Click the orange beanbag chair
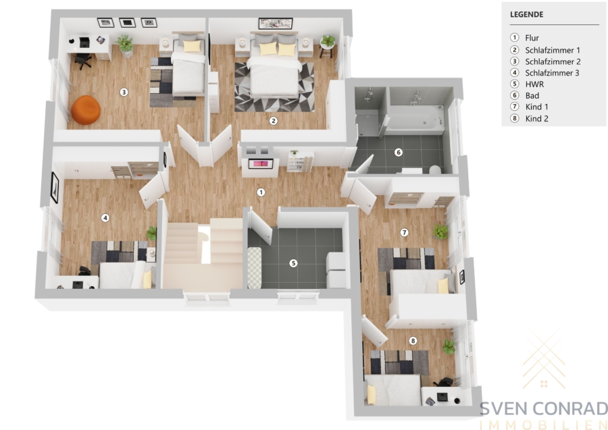[x=86, y=110]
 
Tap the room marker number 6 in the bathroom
[x=398, y=153]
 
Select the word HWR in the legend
[x=535, y=84]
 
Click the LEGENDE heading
[x=526, y=14]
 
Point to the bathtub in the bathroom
[x=415, y=118]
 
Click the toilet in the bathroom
[x=435, y=169]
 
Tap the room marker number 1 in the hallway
[x=261, y=192]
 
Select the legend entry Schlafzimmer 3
[x=552, y=73]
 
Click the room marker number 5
[x=294, y=263]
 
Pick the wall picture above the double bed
[x=276, y=24]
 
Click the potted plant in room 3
[x=125, y=45]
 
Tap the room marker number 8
[x=413, y=341]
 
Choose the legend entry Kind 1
[x=536, y=107]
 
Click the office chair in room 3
[x=82, y=60]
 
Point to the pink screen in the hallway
[x=258, y=164]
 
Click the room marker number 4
[x=105, y=218]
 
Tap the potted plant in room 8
[x=449, y=346]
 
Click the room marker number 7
[x=405, y=232]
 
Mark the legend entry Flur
[x=532, y=38]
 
